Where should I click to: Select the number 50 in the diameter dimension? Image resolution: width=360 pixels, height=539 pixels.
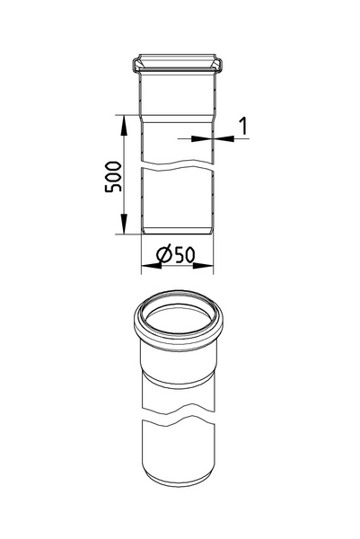click(x=185, y=255)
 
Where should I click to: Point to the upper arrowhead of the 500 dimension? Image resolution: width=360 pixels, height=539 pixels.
click(x=122, y=119)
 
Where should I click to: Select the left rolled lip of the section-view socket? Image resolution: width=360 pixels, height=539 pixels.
click(x=136, y=65)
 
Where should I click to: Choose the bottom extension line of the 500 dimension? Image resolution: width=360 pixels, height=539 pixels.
click(x=128, y=234)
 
